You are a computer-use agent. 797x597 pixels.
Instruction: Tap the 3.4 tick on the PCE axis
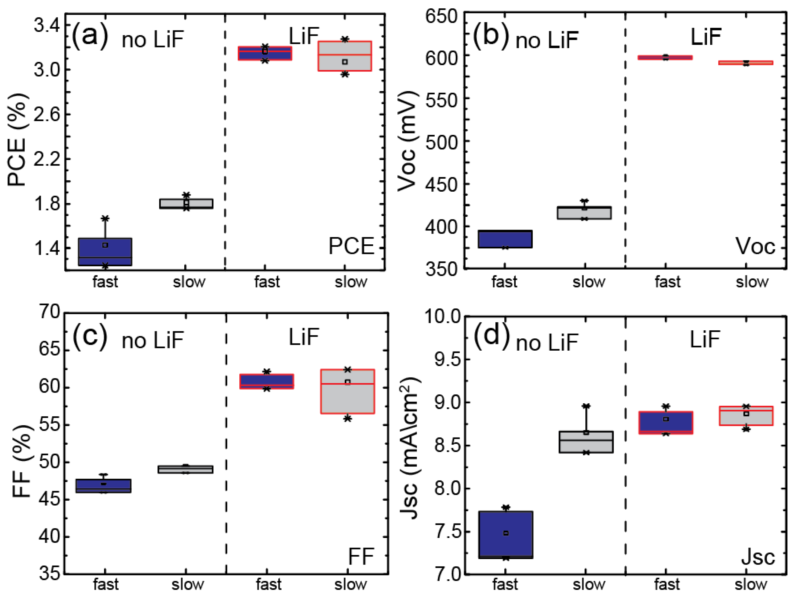coord(47,26)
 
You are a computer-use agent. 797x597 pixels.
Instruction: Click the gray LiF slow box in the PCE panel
coord(344,56)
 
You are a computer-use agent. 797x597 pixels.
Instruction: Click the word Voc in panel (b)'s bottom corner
coord(755,247)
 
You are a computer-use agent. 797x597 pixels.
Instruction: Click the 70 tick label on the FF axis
coord(49,312)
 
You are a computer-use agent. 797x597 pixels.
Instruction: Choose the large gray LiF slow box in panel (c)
coord(347,391)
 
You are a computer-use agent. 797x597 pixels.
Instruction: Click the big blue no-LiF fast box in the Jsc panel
coord(506,535)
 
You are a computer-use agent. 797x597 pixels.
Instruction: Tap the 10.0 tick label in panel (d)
coord(442,317)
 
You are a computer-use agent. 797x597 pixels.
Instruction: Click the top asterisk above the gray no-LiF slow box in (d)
coord(586,406)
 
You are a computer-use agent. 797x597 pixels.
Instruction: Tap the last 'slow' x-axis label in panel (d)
coord(751,584)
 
